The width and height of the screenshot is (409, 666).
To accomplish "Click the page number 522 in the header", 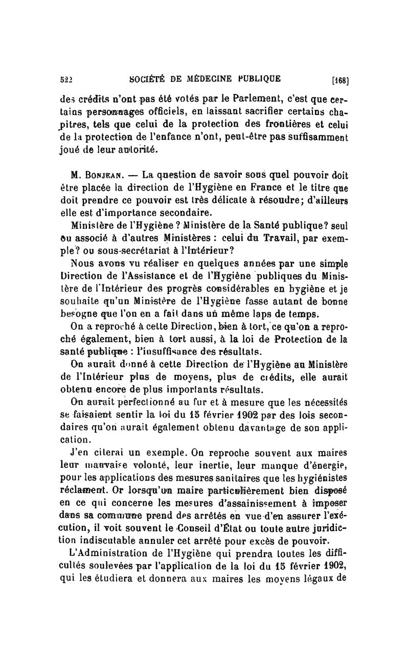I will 65,79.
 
